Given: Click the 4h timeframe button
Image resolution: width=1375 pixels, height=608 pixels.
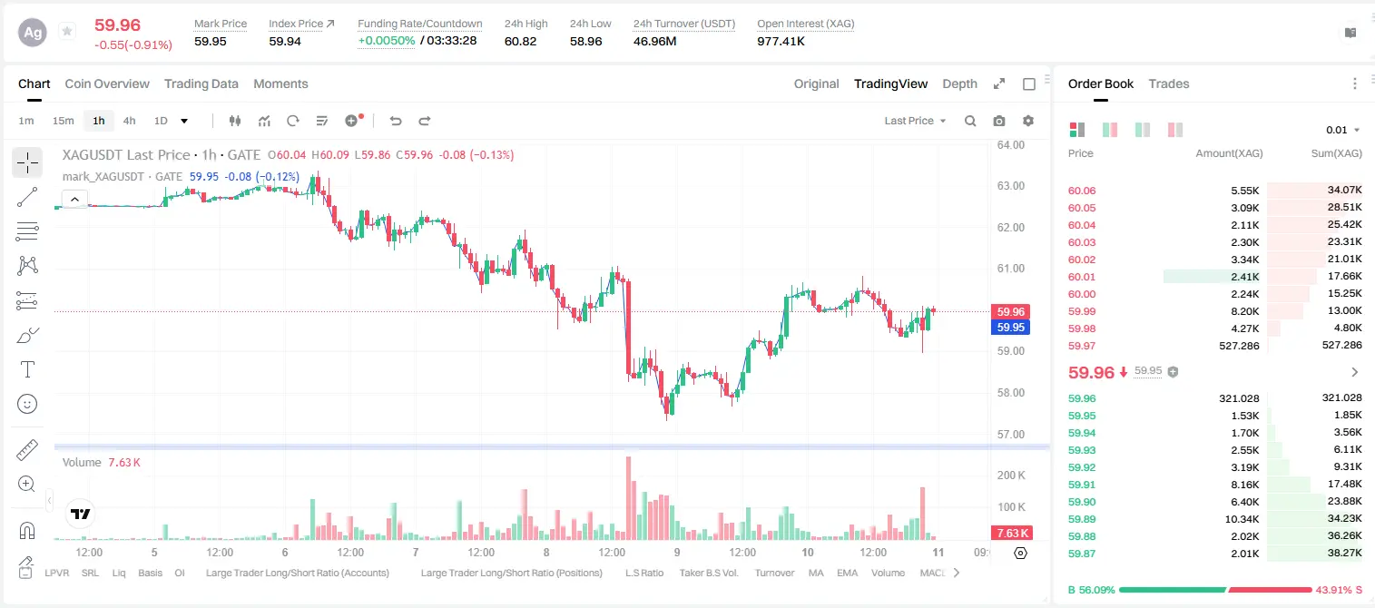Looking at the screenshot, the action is click(129, 121).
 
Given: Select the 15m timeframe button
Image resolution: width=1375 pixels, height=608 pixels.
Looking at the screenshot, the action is click(63, 121).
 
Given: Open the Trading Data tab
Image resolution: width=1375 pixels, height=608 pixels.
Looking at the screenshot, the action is click(201, 83).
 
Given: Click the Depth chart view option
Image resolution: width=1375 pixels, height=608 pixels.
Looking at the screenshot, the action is click(959, 83).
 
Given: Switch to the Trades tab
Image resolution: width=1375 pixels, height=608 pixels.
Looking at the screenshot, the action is click(1168, 83).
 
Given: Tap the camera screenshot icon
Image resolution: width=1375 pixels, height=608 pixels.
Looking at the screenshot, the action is click(998, 121).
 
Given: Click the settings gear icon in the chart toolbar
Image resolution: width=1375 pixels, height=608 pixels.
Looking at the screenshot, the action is click(1028, 121).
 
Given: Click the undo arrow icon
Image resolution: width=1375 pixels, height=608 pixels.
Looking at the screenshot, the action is click(396, 121).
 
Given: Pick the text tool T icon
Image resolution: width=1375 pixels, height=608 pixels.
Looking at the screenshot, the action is click(27, 369).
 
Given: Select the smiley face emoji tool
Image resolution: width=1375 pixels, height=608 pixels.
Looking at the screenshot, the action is click(27, 404).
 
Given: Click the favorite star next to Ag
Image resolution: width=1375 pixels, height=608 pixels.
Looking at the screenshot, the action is click(67, 31).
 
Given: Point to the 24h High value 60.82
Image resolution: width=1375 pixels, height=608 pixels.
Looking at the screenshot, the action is click(520, 41).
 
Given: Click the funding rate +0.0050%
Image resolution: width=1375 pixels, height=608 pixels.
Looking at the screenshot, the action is click(386, 41).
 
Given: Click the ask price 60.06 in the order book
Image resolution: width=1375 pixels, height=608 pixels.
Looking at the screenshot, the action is click(1082, 191).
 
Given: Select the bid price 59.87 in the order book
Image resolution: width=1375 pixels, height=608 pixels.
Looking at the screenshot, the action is click(1082, 554).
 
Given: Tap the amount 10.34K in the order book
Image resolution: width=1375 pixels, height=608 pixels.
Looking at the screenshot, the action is click(1242, 519).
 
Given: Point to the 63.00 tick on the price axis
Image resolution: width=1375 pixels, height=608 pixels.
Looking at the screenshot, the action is click(1010, 186).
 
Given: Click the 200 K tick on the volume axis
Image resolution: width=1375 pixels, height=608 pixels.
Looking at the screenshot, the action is click(1010, 475).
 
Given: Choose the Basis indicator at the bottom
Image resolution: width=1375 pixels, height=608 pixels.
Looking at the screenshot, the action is click(150, 573).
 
